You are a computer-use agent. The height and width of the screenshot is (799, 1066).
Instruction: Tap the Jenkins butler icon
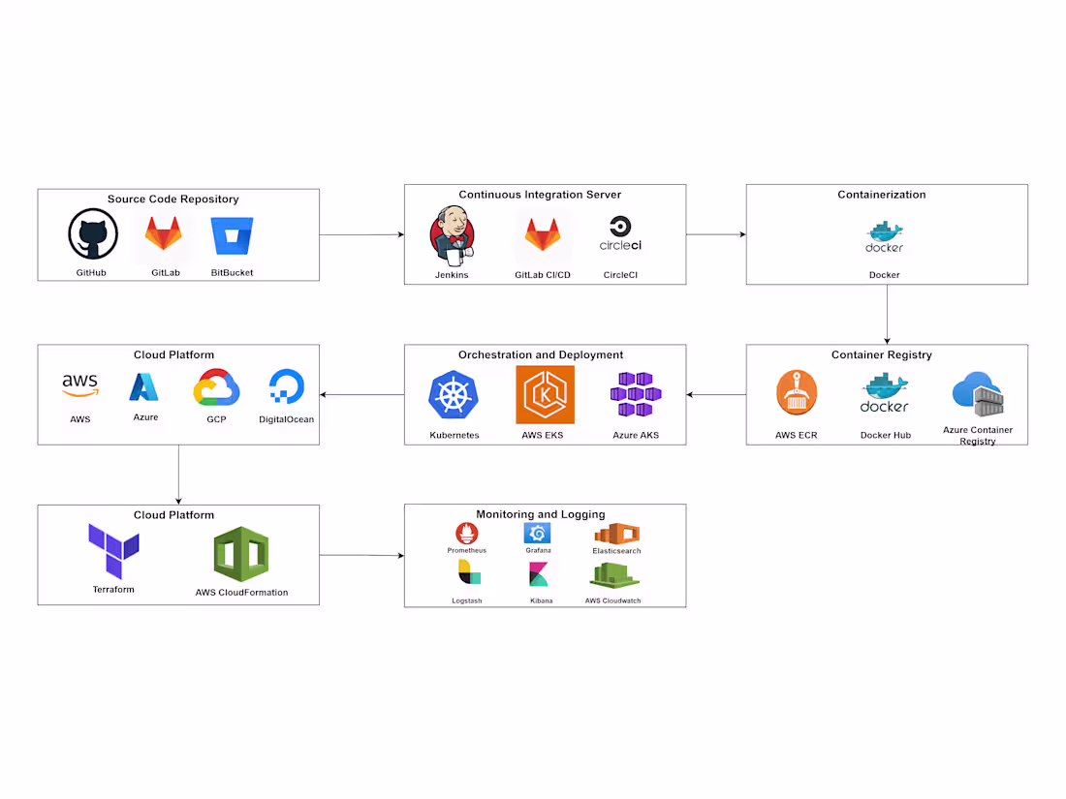452,235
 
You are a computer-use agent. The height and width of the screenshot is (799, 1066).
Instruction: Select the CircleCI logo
620,234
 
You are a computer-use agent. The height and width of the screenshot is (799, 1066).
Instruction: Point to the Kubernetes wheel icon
455,396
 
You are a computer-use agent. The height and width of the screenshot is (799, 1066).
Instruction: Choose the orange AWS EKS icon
545,395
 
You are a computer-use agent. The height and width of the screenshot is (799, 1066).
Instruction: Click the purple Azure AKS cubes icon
636,394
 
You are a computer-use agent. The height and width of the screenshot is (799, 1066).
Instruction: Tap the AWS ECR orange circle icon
797,393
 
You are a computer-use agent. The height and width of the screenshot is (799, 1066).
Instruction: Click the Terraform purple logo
113,551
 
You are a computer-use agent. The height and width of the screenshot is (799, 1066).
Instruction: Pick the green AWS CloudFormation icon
241,554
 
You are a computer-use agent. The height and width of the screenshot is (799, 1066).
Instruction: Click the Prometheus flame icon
466,533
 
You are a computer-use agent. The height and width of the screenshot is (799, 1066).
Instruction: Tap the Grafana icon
538,533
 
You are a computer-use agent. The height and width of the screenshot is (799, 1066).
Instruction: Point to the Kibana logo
541,574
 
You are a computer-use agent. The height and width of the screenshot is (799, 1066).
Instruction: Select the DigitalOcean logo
286,386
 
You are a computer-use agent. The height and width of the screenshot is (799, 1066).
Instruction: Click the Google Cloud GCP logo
216,388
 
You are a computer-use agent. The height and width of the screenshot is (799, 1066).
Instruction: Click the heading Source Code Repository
172,200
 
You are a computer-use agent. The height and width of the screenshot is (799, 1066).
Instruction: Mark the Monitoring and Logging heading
540,514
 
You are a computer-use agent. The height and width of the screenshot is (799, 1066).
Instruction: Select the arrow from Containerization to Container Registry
887,314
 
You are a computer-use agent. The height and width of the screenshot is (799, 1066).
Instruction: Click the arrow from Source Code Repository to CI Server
361,234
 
